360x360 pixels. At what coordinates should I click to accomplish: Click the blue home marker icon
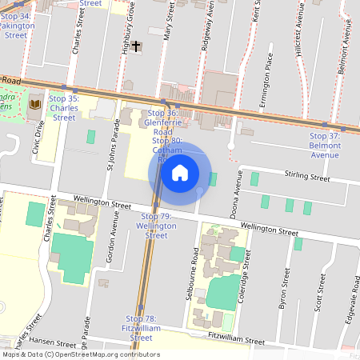point(180,171)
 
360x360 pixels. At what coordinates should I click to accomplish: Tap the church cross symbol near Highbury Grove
point(137,46)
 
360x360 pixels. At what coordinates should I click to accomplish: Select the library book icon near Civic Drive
point(35,105)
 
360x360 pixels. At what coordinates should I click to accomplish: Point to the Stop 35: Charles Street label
point(64,107)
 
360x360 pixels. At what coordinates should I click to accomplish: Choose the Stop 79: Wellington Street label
point(157,226)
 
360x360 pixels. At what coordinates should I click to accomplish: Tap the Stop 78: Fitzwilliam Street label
point(141,328)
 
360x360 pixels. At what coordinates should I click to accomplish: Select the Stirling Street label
point(308,180)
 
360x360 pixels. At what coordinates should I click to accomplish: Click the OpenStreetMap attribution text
point(80,354)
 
